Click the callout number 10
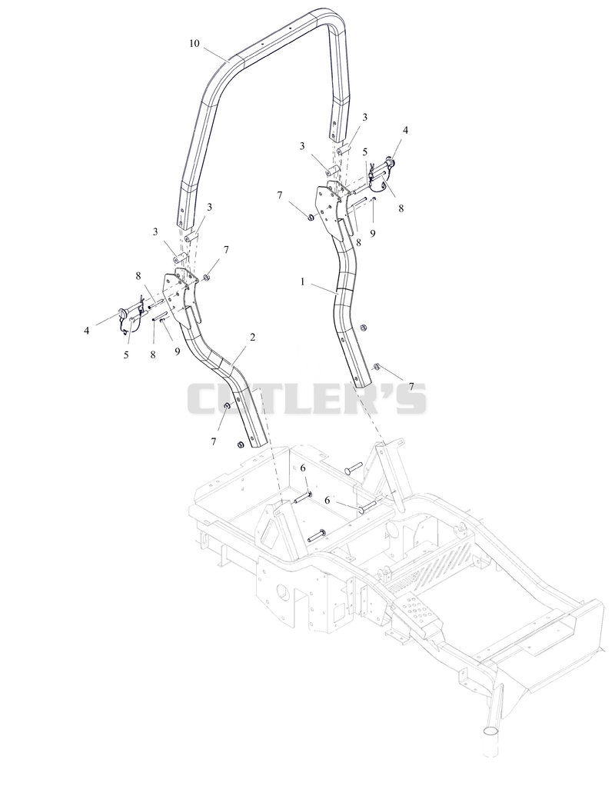pos(194,43)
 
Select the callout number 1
pos(302,281)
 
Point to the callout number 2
pos(253,337)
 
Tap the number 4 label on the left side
pos(87,331)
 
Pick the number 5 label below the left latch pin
pos(126,355)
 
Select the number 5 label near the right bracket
pos(365,151)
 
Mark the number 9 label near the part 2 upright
pos(178,351)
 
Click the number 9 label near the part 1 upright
pos(373,233)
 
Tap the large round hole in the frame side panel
pos(282,592)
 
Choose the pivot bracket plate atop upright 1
pos(333,209)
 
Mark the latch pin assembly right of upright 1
pos(382,169)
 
